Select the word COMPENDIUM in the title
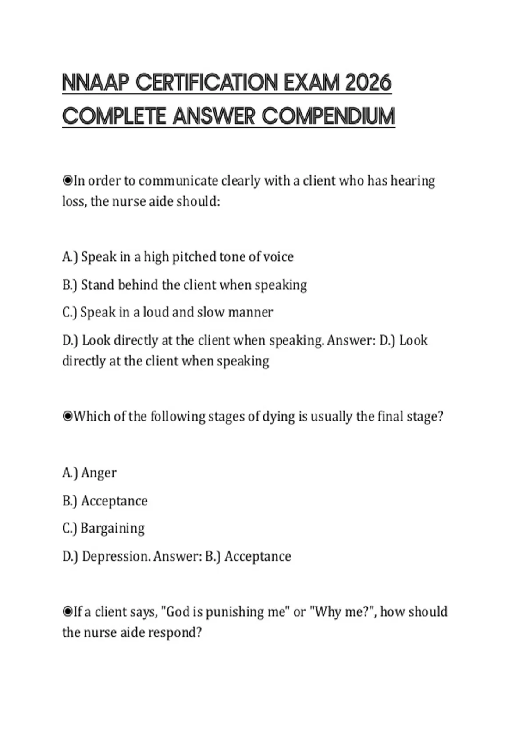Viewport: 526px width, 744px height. (x=328, y=116)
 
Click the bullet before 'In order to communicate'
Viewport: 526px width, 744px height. (x=68, y=180)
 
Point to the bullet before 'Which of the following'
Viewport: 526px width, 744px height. (x=68, y=416)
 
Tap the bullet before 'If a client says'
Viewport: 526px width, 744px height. (x=68, y=611)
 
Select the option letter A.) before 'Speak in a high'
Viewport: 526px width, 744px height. (x=70, y=257)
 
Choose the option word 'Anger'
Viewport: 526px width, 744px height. (x=99, y=473)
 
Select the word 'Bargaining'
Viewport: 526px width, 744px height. (x=112, y=528)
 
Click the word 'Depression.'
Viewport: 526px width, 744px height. (x=116, y=556)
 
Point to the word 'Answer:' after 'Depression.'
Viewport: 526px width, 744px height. (x=177, y=556)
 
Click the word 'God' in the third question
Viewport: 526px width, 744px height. (x=178, y=611)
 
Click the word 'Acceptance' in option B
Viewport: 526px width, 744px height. (x=114, y=501)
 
